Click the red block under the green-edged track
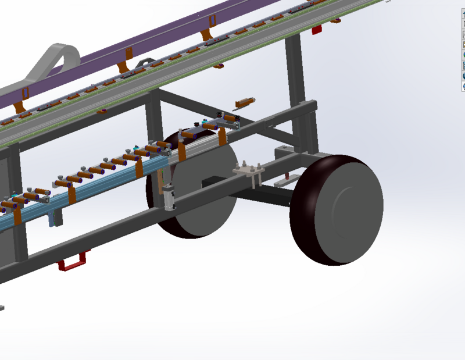pyautogui.click(x=317, y=29)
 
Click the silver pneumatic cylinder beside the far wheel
pyautogui.click(x=170, y=197)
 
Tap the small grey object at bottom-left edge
pyautogui.click(x=2, y=306)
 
